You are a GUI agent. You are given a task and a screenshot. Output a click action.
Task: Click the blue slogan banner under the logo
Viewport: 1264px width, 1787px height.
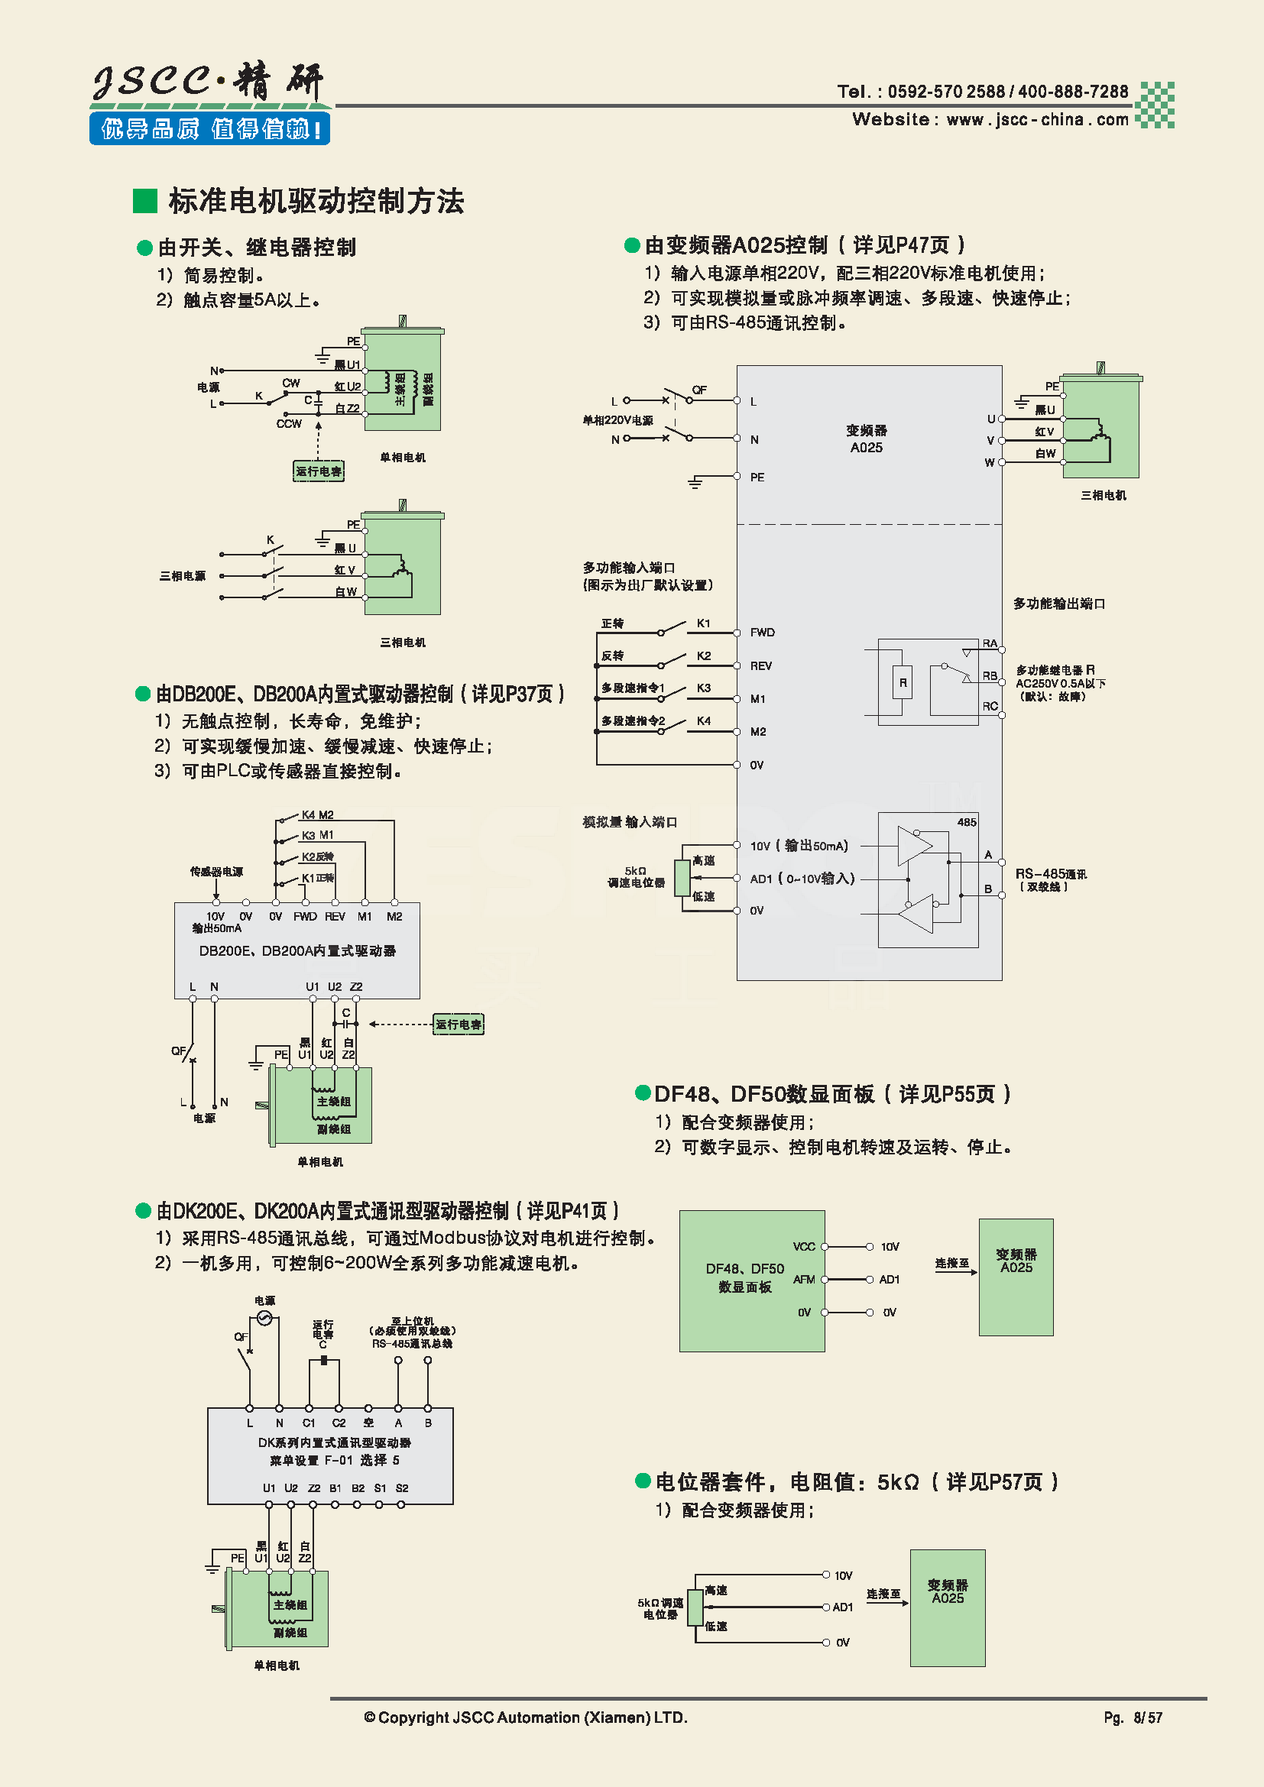click(209, 128)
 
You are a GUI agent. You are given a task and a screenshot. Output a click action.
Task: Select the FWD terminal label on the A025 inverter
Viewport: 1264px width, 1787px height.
click(762, 632)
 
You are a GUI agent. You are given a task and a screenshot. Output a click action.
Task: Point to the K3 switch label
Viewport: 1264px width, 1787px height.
click(704, 688)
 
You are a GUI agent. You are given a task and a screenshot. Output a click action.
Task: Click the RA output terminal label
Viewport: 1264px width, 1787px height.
click(989, 643)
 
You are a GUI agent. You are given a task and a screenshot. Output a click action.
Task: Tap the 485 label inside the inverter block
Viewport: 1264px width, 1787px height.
click(966, 822)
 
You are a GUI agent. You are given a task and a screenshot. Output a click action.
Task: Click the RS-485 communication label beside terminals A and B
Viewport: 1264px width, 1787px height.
click(1050, 879)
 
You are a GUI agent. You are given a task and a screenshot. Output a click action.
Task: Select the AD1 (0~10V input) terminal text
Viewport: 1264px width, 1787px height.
click(802, 879)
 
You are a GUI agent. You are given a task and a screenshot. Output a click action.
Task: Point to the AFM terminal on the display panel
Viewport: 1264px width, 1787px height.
click(804, 1280)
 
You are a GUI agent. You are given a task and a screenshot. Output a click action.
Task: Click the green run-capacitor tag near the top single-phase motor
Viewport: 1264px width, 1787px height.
click(319, 471)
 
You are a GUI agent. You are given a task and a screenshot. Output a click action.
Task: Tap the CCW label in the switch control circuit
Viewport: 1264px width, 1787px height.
click(289, 424)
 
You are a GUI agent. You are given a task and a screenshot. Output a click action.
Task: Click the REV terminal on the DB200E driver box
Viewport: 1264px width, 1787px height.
click(335, 917)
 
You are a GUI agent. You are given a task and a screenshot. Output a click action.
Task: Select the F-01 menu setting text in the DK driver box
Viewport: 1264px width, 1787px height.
click(335, 1460)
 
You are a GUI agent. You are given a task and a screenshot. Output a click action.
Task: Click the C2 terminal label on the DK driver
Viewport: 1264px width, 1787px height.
click(339, 1423)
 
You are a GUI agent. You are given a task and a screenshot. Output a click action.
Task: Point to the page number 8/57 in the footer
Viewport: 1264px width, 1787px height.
click(1147, 1717)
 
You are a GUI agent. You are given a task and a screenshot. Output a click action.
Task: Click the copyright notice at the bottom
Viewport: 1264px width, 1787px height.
click(525, 1717)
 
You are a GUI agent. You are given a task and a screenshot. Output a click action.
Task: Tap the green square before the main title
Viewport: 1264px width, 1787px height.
click(145, 201)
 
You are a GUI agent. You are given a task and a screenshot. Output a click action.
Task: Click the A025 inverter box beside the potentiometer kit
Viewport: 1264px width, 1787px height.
click(947, 1608)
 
